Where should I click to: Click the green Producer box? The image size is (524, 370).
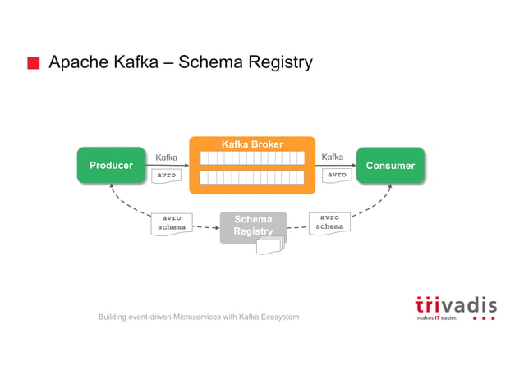pos(110,166)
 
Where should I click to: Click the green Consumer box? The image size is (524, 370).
pos(390,166)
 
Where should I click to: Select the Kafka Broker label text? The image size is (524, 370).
pos(252,145)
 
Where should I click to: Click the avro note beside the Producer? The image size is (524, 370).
pos(167,175)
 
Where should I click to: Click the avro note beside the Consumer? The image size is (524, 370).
pos(336,175)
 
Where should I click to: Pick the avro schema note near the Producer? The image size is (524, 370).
pos(172,222)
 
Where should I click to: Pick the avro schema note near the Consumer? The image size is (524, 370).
pos(329,222)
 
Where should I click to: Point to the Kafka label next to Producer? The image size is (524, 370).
pos(167,158)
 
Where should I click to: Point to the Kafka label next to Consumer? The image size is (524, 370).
pos(333,157)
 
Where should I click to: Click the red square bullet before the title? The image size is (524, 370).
pos(33,64)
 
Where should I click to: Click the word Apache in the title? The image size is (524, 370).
pos(76,62)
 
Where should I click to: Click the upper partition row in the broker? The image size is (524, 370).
pos(252,158)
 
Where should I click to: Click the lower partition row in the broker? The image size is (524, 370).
pos(252,177)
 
